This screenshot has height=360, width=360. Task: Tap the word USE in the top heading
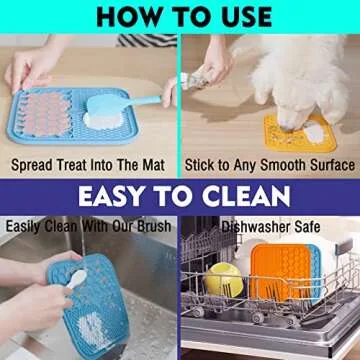coord(240,16)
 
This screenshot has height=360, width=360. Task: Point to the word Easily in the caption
coord(24,226)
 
